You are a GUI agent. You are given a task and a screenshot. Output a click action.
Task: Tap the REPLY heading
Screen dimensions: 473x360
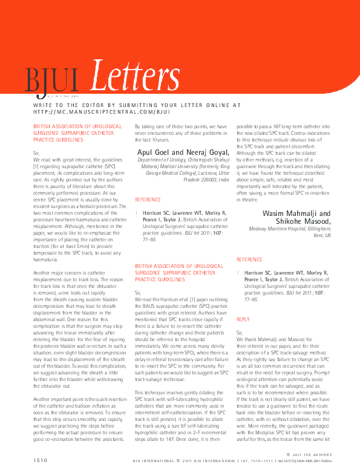(x=243, y=319)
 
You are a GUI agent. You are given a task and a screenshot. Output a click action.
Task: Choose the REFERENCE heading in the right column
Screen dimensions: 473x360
(x=250, y=259)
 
